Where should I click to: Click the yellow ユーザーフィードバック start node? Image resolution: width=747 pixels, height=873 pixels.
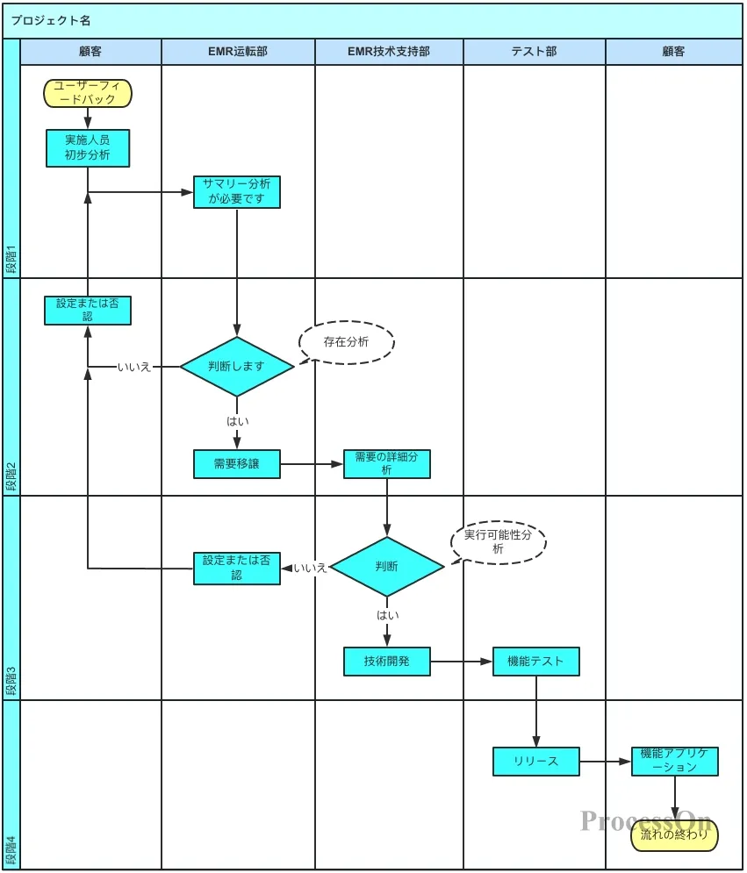click(88, 93)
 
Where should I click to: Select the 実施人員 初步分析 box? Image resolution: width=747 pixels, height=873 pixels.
click(88, 147)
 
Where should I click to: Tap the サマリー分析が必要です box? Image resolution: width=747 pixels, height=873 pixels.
click(237, 192)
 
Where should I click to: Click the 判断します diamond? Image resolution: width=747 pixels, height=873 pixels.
click(237, 367)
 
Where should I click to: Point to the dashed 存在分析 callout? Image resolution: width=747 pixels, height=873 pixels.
click(347, 342)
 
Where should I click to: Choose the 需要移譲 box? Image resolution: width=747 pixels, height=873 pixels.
click(237, 464)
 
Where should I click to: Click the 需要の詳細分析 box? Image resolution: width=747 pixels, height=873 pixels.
click(386, 464)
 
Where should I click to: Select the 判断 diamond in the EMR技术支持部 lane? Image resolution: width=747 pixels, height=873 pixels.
click(386, 567)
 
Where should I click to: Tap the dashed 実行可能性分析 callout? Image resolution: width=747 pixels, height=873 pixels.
click(499, 542)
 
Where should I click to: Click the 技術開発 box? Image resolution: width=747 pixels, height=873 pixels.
click(386, 662)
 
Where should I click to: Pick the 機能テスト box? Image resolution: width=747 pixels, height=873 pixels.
click(535, 662)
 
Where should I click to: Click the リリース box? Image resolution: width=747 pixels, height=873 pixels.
click(535, 762)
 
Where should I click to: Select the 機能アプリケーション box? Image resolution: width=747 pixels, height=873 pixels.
click(674, 762)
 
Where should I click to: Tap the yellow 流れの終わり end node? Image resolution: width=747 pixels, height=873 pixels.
click(674, 835)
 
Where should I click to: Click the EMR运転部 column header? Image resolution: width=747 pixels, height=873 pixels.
click(238, 52)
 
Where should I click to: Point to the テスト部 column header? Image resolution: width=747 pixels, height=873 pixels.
click(534, 52)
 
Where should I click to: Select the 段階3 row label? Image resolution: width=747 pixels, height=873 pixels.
click(11, 682)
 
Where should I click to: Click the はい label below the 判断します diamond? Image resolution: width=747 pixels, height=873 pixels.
click(238, 421)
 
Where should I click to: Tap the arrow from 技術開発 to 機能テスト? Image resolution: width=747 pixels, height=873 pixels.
click(462, 662)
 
